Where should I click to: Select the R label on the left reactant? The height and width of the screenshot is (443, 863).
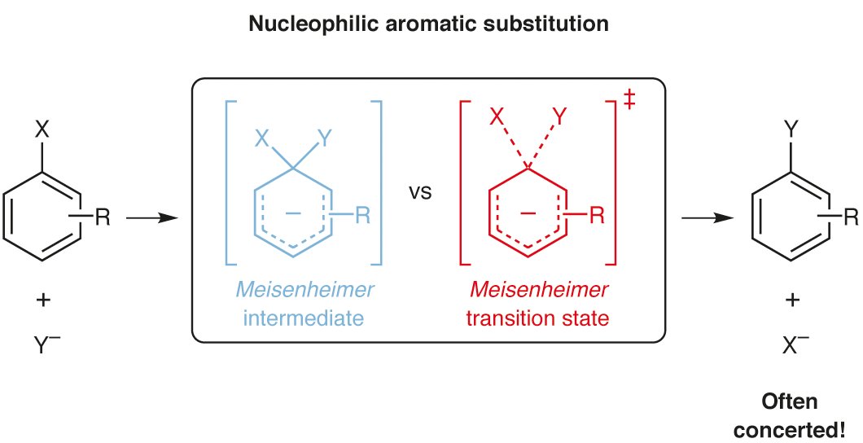click(x=103, y=217)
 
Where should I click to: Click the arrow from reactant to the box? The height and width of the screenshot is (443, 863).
click(x=152, y=218)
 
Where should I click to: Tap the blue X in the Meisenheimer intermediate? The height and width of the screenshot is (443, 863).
click(x=262, y=139)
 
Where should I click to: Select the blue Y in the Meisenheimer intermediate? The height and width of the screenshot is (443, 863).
click(x=324, y=139)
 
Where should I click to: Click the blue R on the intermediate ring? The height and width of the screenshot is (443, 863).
click(x=364, y=216)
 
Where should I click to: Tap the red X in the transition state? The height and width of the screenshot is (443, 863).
click(x=496, y=119)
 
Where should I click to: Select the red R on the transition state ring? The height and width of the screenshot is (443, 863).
click(x=597, y=216)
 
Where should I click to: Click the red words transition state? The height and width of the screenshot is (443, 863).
click(x=537, y=318)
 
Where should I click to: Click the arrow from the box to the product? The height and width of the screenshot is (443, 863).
click(x=705, y=218)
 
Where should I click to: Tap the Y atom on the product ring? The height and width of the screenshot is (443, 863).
click(x=789, y=129)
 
